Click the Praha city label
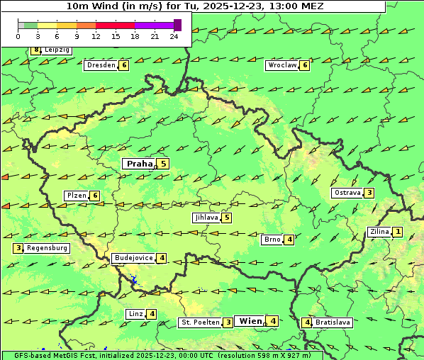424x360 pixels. pos(139,164)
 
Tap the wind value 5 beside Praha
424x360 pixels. pos(164,164)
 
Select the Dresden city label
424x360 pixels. pos(100,65)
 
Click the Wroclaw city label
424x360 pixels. pos(281,65)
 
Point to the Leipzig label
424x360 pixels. pos(57,50)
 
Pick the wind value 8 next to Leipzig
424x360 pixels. pos(35,50)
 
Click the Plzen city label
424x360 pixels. pos(76,196)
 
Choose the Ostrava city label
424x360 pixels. pos(347,193)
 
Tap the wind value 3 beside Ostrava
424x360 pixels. pos(369,193)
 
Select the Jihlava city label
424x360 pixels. pos(206,218)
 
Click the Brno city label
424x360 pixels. pos(272,240)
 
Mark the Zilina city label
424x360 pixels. pos(379,232)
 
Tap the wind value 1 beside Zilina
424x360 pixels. pos(398,232)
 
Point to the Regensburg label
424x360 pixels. pos(47,248)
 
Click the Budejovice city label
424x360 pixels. pos(133,258)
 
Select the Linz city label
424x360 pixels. pos(135,314)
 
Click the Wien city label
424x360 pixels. pos(250,321)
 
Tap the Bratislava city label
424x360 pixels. pos(333,322)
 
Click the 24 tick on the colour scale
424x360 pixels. pos(174,36)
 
